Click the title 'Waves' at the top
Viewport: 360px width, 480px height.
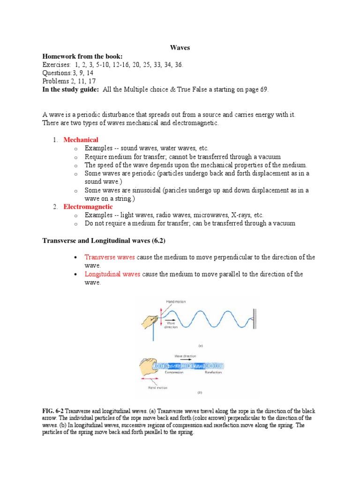(x=180, y=48)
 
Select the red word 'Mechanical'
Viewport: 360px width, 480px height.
(x=81, y=140)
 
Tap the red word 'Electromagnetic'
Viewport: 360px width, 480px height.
(x=88, y=206)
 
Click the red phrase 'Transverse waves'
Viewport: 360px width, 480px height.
(x=110, y=257)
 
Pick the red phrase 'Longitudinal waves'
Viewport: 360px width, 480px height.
(x=112, y=274)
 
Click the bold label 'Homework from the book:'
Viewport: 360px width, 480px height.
(x=82, y=56)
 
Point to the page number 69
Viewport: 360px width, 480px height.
(x=263, y=90)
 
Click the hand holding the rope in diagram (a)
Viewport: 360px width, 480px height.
(x=149, y=321)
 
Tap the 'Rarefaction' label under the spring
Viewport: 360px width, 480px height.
(x=214, y=372)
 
